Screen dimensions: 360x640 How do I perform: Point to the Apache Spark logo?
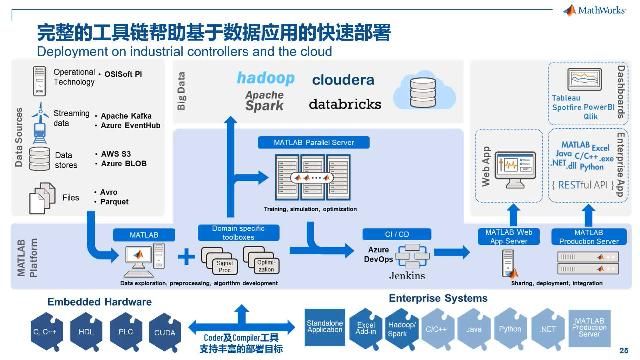[x=266, y=100]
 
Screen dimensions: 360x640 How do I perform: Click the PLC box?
[x=125, y=331]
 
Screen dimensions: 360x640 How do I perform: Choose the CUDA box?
[x=165, y=331]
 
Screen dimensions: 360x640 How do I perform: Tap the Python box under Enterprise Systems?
[x=511, y=327]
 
